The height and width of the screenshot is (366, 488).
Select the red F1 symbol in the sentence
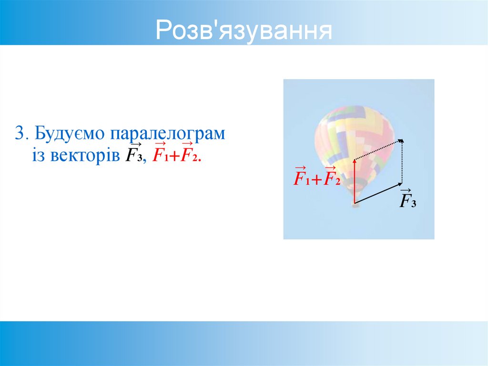click(160, 155)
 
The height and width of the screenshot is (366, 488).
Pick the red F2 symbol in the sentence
click(188, 155)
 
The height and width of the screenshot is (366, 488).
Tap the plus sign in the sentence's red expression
click(173, 156)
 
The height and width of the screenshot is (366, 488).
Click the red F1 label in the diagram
click(302, 179)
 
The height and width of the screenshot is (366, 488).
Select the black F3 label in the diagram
click(407, 200)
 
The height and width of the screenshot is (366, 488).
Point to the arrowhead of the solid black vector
click(400, 183)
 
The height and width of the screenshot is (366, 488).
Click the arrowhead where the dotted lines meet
click(401, 141)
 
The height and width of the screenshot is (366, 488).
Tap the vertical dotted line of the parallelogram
click(403, 162)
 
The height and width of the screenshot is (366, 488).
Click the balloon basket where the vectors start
click(354, 204)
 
